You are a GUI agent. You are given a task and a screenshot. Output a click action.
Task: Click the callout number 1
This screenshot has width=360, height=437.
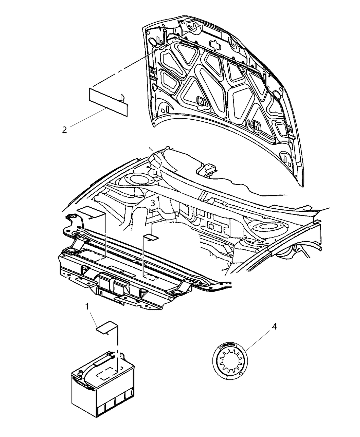pyautogui.click(x=87, y=306)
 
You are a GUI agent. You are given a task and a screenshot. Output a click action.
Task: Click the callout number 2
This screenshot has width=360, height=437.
pyautogui.click(x=64, y=130)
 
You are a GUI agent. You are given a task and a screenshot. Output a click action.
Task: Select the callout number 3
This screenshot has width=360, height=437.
pyautogui.click(x=153, y=203)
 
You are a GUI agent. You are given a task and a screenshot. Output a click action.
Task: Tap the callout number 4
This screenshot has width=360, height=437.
pyautogui.click(x=274, y=327)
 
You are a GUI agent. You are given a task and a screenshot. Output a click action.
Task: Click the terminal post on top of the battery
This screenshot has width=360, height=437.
pyautogui.click(x=81, y=373)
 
